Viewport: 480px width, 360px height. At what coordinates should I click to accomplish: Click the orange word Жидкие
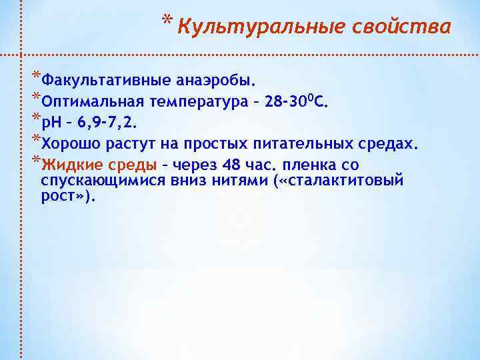(67, 164)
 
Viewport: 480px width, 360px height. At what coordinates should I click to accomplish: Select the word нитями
(236, 181)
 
